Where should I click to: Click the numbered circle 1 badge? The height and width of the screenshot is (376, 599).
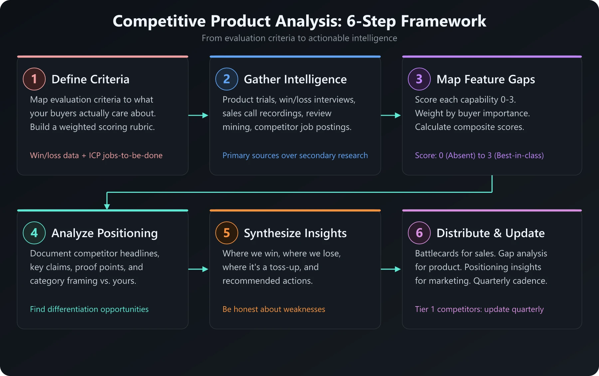click(x=34, y=79)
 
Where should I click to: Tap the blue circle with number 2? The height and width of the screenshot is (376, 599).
click(x=227, y=79)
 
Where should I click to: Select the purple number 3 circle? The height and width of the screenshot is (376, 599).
click(x=419, y=79)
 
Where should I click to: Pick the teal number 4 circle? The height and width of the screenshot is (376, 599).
click(x=34, y=233)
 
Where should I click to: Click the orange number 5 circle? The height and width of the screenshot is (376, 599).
click(x=227, y=233)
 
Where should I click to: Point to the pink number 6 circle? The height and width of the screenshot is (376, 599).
click(x=419, y=233)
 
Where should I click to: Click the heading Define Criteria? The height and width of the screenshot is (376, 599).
click(x=90, y=79)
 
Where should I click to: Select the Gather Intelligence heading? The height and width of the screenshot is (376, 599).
click(x=295, y=79)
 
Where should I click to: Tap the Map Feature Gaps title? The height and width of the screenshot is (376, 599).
click(x=486, y=79)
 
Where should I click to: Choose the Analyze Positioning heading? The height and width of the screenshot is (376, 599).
click(x=104, y=233)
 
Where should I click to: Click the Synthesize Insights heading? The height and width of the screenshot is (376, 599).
click(x=295, y=233)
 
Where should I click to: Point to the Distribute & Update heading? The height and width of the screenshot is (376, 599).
click(x=491, y=233)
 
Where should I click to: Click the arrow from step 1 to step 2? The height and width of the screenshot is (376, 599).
click(x=198, y=115)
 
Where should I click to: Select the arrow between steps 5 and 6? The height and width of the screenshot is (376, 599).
click(x=391, y=269)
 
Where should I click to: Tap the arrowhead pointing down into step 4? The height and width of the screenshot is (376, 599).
click(x=107, y=206)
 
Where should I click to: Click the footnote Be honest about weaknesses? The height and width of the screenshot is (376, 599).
click(x=274, y=309)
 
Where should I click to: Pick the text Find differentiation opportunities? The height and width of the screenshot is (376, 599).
click(x=89, y=309)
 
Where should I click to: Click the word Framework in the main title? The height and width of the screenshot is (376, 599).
click(x=443, y=21)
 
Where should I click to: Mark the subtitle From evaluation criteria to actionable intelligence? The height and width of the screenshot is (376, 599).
click(x=299, y=38)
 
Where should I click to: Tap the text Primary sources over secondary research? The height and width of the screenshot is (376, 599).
click(x=295, y=155)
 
